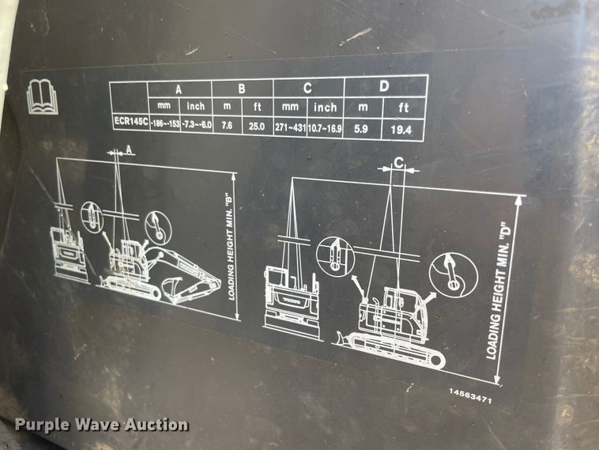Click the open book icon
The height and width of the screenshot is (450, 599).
(x=42, y=96)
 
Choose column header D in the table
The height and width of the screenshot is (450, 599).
(x=385, y=85)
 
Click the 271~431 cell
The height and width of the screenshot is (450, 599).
(x=291, y=126)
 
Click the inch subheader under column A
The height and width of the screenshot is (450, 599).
(x=196, y=106)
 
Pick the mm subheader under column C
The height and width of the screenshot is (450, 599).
(x=290, y=107)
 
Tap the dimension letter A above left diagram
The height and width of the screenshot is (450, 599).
(x=129, y=149)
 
